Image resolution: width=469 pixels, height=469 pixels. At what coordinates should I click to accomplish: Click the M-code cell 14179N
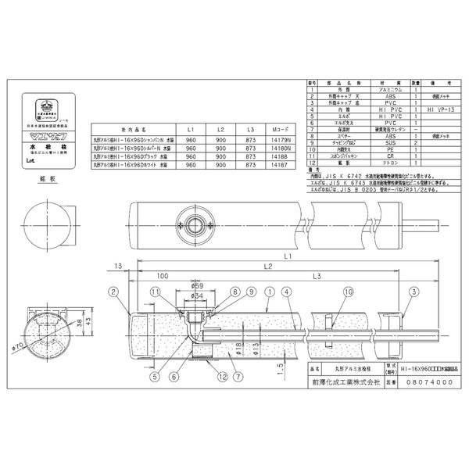(279, 138)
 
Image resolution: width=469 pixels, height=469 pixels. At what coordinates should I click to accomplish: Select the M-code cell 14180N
(279, 147)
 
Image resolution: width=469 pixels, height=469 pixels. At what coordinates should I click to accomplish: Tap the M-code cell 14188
(279, 156)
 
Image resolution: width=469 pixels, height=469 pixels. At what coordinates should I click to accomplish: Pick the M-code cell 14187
(279, 166)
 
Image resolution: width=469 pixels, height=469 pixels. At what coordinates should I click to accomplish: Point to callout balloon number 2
(113, 291)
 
